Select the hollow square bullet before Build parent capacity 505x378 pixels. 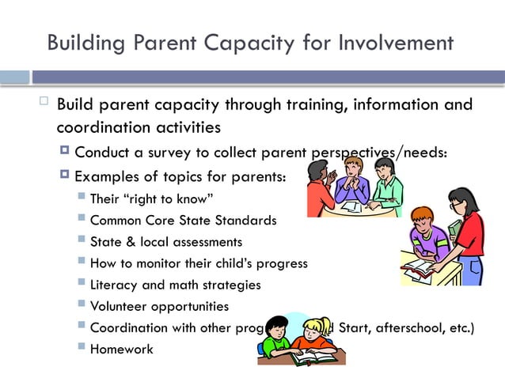[x=44, y=102]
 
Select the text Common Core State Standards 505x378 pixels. [x=183, y=220]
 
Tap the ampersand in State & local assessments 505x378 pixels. [x=131, y=241]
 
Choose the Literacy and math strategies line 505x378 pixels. [x=175, y=284]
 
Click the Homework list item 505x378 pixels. [x=121, y=348]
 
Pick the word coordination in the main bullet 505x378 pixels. [x=99, y=127]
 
